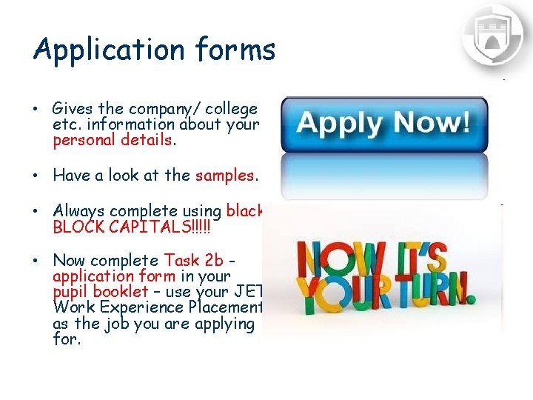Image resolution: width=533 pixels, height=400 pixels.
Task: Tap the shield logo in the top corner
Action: tap(492, 34)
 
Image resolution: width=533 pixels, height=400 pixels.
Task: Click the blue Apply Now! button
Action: tap(384, 123)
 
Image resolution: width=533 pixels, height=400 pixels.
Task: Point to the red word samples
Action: tap(225, 176)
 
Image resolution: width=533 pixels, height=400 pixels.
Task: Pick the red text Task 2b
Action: tap(193, 261)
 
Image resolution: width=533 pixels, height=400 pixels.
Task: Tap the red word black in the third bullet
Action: tap(245, 211)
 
